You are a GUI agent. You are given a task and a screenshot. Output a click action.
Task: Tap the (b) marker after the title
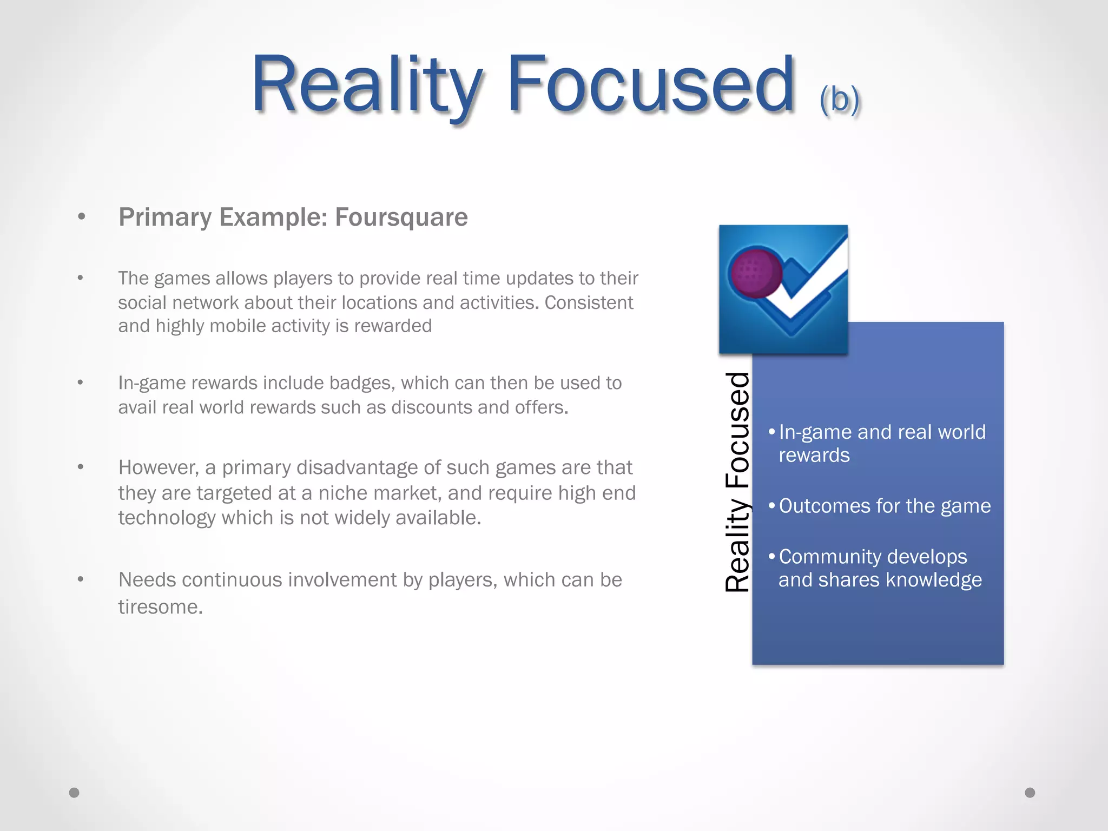tap(839, 100)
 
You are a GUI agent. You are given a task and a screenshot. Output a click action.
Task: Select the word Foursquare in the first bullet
tap(401, 217)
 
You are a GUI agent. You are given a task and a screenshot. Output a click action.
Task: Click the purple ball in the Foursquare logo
tap(756, 273)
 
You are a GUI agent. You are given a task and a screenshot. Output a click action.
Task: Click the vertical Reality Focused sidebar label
tap(737, 482)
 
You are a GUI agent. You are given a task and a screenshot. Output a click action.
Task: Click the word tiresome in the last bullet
tap(160, 606)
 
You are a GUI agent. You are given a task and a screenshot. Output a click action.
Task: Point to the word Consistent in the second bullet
tap(589, 302)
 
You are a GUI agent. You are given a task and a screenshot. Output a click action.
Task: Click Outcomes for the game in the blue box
tap(885, 506)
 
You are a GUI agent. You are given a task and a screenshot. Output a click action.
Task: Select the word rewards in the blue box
tap(814, 456)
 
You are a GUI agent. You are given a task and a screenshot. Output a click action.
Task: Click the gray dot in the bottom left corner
tap(74, 793)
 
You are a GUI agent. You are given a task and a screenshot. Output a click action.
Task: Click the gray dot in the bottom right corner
tap(1030, 793)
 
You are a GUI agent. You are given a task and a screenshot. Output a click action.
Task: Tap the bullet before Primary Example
tap(82, 217)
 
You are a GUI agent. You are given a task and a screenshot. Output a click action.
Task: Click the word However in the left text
tap(157, 467)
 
